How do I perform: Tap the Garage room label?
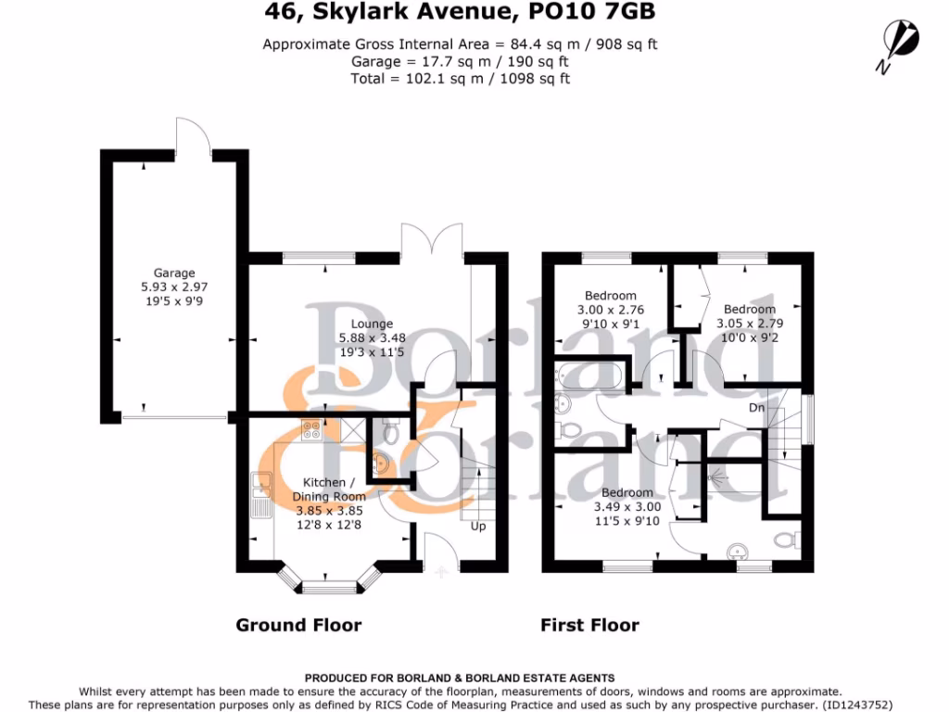click(x=174, y=273)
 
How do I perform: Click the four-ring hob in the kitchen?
click(x=312, y=429)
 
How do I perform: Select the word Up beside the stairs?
click(x=478, y=527)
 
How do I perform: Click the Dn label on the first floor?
click(x=757, y=407)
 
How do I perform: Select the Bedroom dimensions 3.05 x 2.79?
click(x=750, y=324)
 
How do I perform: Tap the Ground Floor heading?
click(x=298, y=625)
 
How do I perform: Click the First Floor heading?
click(x=589, y=625)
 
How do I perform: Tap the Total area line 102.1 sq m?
click(x=460, y=79)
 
